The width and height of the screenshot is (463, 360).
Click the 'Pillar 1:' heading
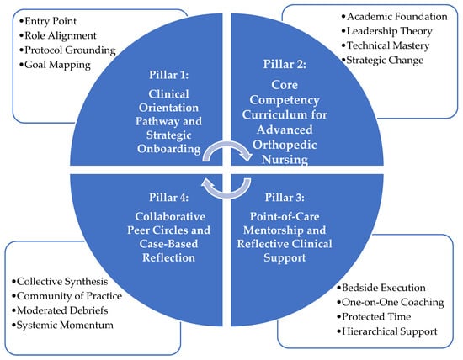168,75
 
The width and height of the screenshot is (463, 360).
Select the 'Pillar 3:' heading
285,197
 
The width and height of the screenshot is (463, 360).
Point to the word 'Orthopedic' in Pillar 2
285,146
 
